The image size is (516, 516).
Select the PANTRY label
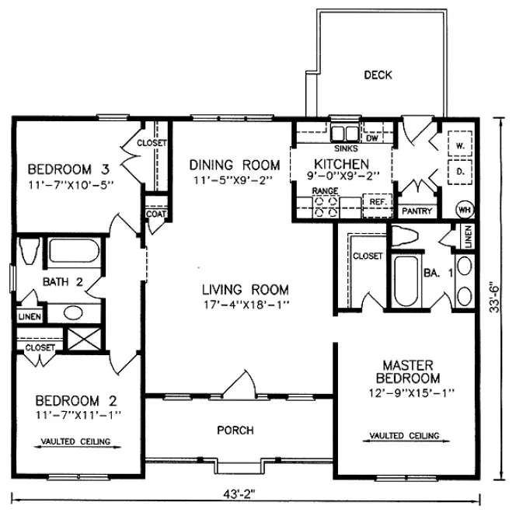point(415,211)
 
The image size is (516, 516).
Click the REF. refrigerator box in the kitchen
point(378,201)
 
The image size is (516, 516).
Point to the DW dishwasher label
point(371,138)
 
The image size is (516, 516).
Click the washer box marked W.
point(459,145)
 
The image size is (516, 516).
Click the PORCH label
point(235,430)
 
